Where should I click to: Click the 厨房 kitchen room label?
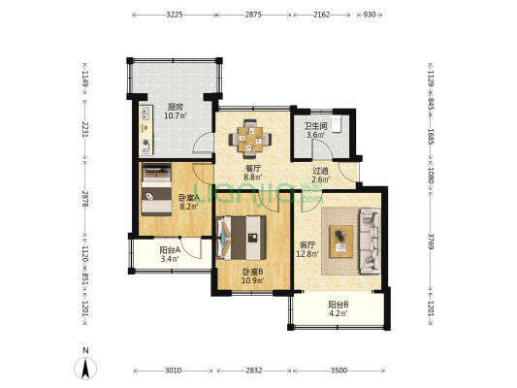175,107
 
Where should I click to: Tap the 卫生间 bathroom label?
315,126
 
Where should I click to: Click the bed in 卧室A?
156,190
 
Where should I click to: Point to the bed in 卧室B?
242,238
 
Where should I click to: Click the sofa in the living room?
370,241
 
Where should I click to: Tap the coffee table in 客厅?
341,242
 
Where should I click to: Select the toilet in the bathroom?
336,123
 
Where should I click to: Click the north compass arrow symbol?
85,369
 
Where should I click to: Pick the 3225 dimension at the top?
174,15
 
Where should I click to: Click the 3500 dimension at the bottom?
339,371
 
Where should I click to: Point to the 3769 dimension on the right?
431,242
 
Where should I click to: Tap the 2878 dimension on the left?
85,199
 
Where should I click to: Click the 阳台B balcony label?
339,305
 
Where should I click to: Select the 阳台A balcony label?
170,250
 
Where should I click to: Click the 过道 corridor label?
320,171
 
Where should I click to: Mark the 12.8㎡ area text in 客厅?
307,254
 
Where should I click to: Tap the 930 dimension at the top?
370,15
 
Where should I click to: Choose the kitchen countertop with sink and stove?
146,130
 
